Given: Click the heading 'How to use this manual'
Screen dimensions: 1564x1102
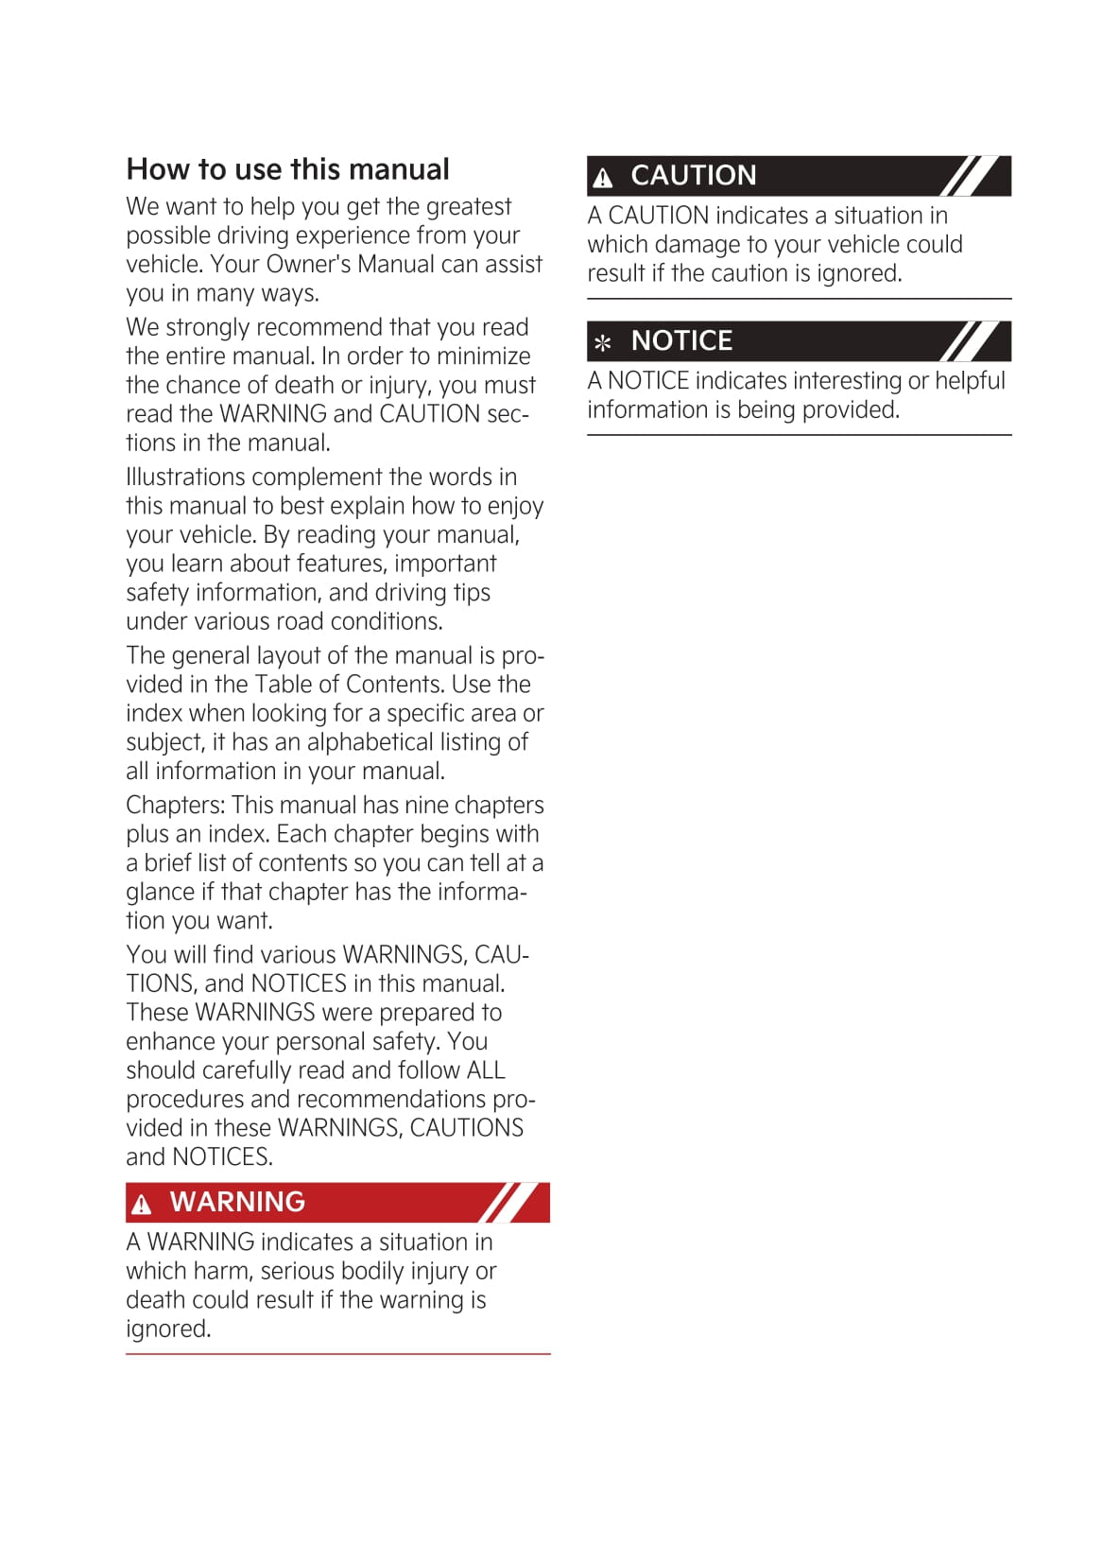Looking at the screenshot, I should click(x=287, y=169).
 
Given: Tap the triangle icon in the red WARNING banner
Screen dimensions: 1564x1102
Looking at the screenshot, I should click(x=142, y=1204).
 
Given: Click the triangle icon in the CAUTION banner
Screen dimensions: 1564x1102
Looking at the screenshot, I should click(x=603, y=177).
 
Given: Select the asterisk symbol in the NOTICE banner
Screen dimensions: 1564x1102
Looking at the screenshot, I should click(x=603, y=342).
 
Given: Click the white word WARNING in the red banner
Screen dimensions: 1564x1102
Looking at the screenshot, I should click(x=237, y=1202).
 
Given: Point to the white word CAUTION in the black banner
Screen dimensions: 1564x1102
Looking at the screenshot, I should click(x=693, y=176).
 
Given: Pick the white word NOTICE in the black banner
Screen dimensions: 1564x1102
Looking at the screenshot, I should click(x=681, y=340).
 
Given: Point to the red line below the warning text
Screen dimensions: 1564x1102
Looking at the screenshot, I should click(x=337, y=1354).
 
